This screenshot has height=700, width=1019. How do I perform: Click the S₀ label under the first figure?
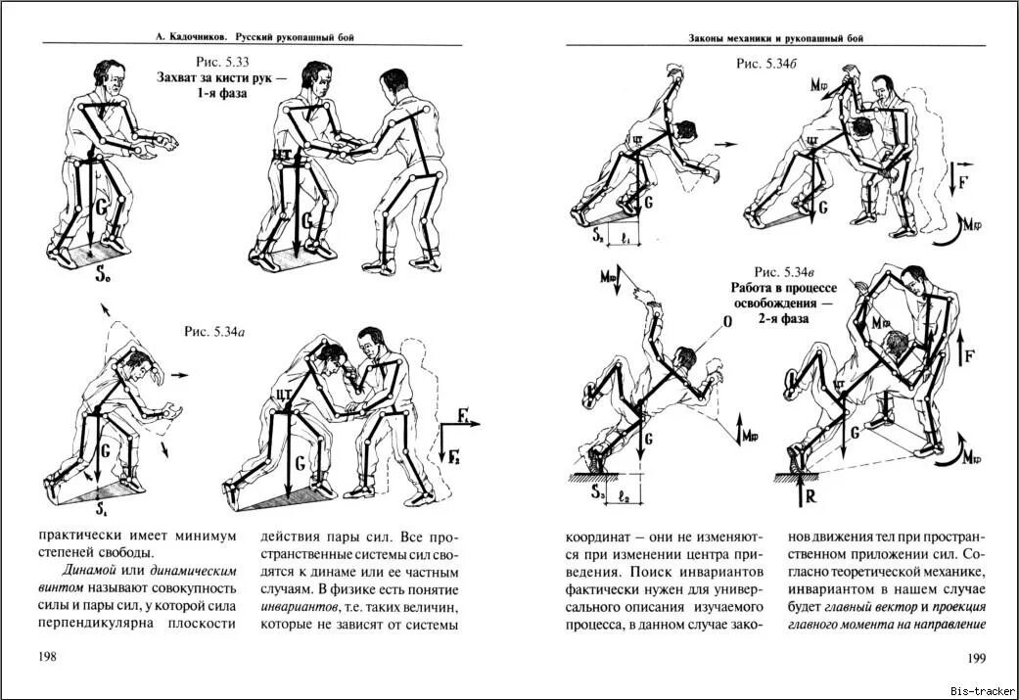102,277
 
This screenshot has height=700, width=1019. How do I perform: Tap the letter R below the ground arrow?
808,496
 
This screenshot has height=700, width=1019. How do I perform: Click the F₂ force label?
455,453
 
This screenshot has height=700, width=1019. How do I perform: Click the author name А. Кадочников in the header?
189,37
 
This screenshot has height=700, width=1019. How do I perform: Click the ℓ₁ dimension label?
623,237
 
